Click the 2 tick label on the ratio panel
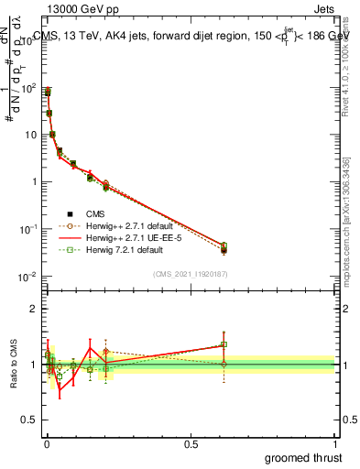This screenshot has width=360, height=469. point(34,309)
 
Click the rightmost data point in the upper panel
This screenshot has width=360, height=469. point(224,249)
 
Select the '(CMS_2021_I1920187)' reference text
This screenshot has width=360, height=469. point(190,273)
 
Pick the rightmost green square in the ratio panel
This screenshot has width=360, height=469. point(224,345)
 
